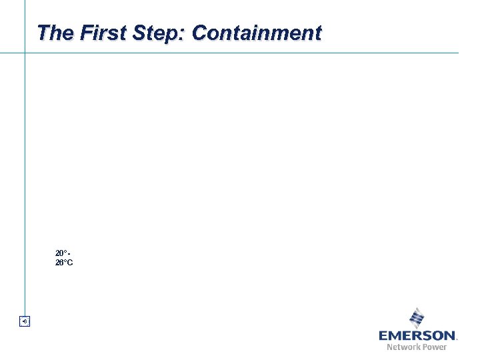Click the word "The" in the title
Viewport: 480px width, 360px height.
(51, 33)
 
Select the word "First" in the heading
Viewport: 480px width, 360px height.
(94, 33)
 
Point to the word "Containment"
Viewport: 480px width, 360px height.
(256, 33)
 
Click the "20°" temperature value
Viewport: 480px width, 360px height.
(61, 253)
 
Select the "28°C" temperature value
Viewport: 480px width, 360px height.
(64, 263)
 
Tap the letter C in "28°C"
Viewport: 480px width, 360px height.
(70, 263)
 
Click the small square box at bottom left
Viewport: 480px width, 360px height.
(25, 322)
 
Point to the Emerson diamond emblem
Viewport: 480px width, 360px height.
(417, 317)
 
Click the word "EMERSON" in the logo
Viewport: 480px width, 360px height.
(417, 335)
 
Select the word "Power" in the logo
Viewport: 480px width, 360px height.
(435, 347)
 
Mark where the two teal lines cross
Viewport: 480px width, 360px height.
(25, 53)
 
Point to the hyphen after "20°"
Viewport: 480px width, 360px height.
(69, 253)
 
